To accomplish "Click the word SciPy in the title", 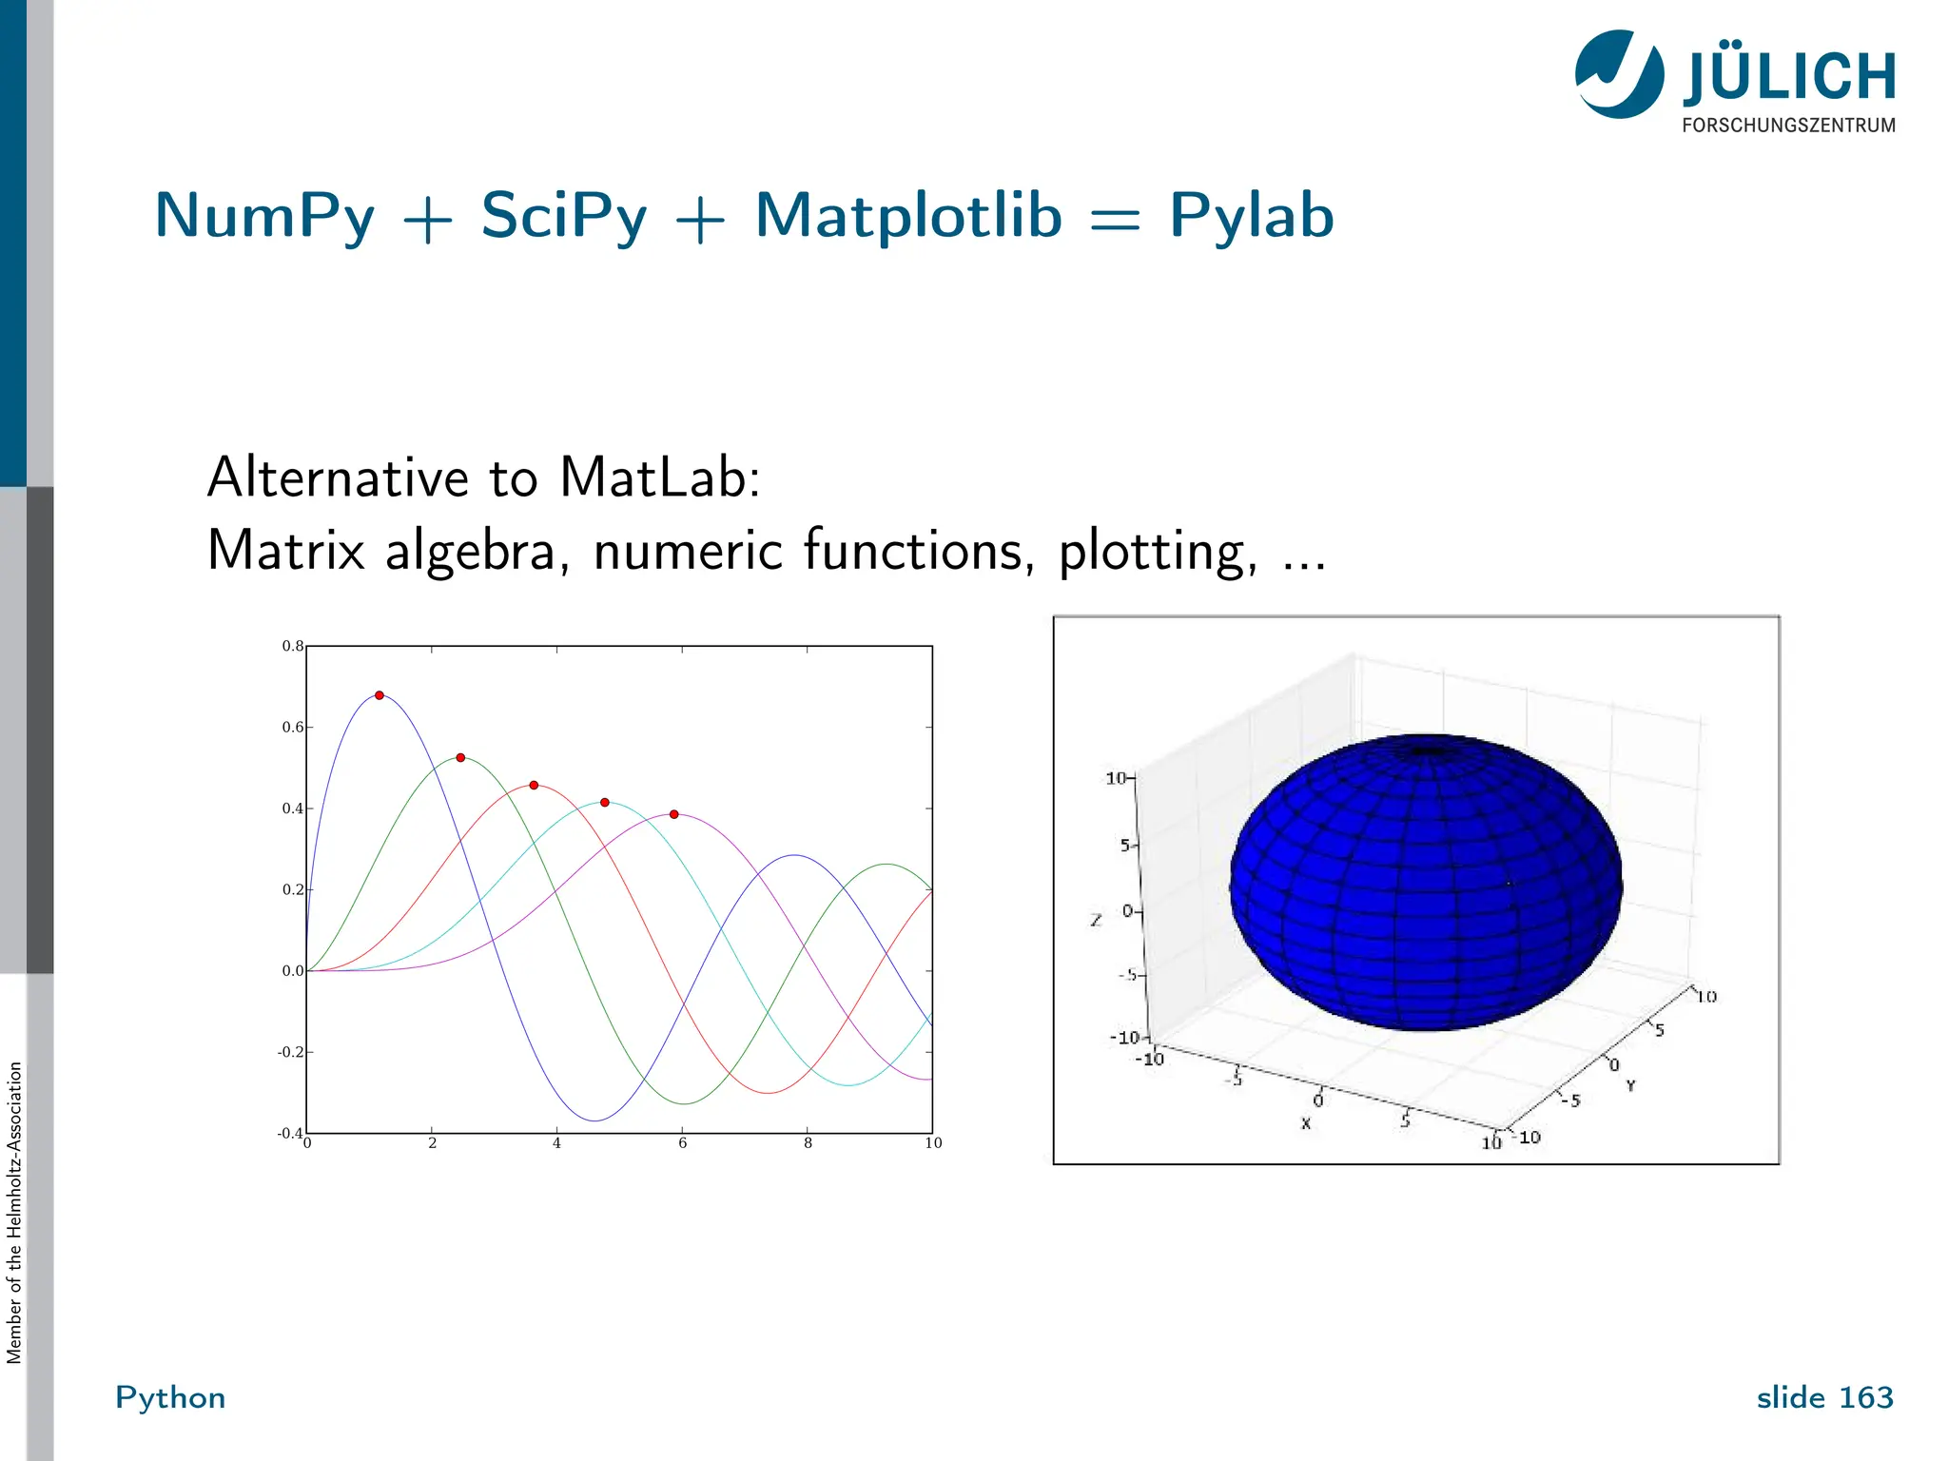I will (x=563, y=216).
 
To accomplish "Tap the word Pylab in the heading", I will (x=1251, y=216).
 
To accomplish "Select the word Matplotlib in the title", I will (x=907, y=216).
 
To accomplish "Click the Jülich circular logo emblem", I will (x=1619, y=74).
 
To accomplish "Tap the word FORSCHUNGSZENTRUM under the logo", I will (x=1788, y=126).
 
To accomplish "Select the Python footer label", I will (x=170, y=1397).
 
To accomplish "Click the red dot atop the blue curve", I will (x=380, y=695).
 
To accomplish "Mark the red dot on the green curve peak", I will (x=460, y=758).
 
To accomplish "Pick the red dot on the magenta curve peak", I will (x=674, y=814).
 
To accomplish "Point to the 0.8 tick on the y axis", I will (x=293, y=647).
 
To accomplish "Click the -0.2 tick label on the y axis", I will (x=290, y=1052).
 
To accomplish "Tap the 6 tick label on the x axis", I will (x=682, y=1143).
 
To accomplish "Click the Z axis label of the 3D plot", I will (x=1096, y=920).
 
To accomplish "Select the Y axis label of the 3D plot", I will (x=1630, y=1085).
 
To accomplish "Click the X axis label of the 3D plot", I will (x=1306, y=1123).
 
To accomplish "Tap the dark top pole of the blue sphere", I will (x=1424, y=751).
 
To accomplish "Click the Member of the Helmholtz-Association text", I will (x=14, y=1213).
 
